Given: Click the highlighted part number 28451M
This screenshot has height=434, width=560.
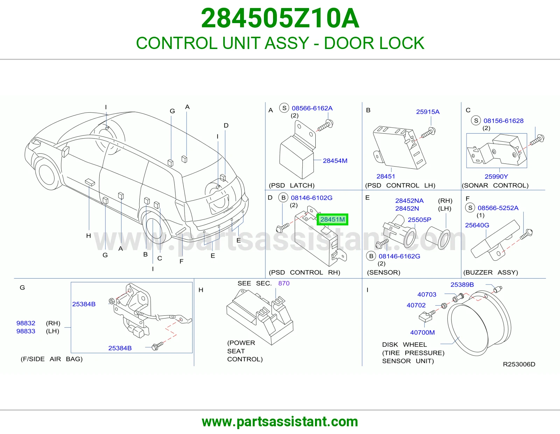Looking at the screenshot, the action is tap(332, 219).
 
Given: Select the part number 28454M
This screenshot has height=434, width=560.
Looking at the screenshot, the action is tap(335, 161).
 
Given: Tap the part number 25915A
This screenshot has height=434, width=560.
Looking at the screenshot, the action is tap(428, 112).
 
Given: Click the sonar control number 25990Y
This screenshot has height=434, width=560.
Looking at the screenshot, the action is tap(496, 176).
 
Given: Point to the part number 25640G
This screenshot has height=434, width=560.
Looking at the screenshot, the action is tap(477, 225).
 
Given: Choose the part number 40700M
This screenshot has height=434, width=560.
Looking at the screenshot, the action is tap(422, 332).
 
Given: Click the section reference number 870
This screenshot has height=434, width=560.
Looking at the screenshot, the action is tap(284, 283).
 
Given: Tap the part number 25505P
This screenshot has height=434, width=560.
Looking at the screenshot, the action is tap(419, 219).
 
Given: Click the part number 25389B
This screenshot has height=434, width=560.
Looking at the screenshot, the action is tap(462, 285).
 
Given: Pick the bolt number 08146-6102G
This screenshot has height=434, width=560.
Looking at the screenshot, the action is tap(311, 198).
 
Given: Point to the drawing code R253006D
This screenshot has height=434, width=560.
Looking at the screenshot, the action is tap(519, 364).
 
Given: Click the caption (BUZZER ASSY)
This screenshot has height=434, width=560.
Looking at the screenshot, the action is tap(491, 272).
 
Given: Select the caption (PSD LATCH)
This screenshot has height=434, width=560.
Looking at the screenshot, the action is tap(292, 185).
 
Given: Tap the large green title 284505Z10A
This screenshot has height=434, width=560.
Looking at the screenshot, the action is tap(280, 18).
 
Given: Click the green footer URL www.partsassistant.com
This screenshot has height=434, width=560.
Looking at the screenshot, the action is tap(280, 422).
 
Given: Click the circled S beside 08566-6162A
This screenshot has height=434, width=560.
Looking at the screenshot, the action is tap(284, 108).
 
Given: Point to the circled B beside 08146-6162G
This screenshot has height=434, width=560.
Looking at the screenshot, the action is tap(371, 256).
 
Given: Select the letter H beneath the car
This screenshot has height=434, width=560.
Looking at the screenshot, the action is tap(89, 236).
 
